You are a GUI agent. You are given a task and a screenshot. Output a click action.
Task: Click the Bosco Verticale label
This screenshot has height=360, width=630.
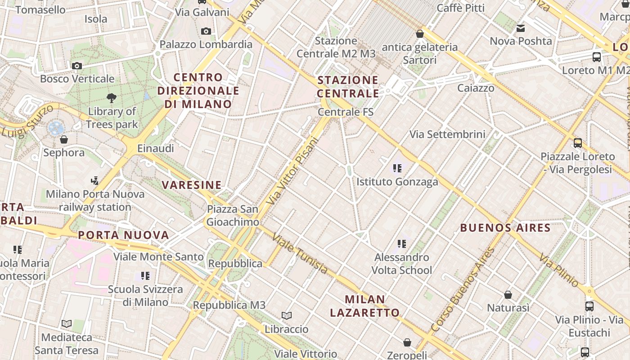click(77, 79)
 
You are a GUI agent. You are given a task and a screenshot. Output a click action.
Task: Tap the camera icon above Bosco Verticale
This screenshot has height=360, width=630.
click(77, 66)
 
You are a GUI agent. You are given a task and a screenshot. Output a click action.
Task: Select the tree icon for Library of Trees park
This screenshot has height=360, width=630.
click(112, 98)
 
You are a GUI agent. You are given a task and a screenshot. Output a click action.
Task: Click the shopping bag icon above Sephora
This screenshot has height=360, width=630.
click(64, 139)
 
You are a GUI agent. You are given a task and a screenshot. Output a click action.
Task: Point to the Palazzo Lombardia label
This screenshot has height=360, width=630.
click(206, 44)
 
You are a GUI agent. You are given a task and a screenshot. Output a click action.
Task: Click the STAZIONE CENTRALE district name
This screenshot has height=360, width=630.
click(348, 87)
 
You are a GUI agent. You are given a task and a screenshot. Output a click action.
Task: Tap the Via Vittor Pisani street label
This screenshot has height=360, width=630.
click(292, 171)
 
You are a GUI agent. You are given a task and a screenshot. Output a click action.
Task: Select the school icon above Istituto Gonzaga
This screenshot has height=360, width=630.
click(397, 168)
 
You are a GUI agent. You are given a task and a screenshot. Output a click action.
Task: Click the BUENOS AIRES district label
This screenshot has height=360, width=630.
click(505, 228)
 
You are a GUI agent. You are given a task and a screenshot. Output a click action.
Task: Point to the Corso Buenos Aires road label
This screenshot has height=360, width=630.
click(463, 290)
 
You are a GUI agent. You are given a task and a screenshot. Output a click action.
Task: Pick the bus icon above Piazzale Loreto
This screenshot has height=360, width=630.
click(577, 143)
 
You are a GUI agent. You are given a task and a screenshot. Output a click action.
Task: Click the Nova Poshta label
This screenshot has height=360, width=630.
click(521, 41)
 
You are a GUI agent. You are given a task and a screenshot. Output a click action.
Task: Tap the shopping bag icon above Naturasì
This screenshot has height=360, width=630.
click(508, 295)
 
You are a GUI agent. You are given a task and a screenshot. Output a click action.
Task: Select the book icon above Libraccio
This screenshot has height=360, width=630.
click(287, 316)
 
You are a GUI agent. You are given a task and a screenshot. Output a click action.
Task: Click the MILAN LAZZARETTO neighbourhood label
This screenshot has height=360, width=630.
click(365, 306)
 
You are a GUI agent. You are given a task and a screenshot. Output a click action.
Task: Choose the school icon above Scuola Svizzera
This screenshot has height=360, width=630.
click(145, 275)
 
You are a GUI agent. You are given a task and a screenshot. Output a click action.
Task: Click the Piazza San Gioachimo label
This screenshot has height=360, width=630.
click(233, 216)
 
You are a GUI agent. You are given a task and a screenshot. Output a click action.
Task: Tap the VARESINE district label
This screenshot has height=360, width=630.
click(192, 185)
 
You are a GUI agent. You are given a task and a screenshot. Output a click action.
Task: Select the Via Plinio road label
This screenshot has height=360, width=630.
click(559, 271)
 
